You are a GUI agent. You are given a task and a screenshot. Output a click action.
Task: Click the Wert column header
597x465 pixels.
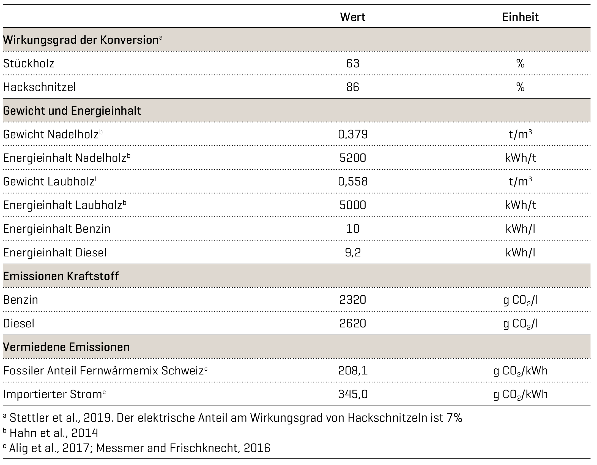click(x=352, y=17)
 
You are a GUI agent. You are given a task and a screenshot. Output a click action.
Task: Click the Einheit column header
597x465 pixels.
click(x=520, y=17)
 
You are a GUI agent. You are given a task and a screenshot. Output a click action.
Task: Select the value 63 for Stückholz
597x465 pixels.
click(x=353, y=64)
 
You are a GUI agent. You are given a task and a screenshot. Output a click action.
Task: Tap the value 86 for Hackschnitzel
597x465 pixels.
click(x=353, y=87)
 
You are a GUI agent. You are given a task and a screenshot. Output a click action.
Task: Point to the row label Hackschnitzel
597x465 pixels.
click(x=39, y=87)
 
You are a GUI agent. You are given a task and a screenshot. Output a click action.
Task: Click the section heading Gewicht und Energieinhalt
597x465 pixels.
click(x=72, y=111)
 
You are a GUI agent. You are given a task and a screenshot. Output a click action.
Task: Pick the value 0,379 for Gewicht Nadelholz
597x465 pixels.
click(x=353, y=135)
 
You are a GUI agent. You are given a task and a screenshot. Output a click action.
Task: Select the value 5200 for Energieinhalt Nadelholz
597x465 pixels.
click(x=353, y=158)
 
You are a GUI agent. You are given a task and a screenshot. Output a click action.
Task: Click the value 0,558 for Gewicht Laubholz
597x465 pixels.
click(x=353, y=182)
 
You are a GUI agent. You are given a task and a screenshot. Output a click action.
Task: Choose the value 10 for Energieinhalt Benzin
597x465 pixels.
click(x=353, y=229)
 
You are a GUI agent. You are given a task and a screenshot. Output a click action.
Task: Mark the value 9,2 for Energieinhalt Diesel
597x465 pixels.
click(x=353, y=253)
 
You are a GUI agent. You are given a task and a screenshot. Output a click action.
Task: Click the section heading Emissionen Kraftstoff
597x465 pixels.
click(x=61, y=276)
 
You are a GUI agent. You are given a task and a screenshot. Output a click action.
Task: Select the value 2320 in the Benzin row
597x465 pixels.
click(x=353, y=300)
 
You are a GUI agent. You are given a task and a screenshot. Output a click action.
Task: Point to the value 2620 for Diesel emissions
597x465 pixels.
click(x=353, y=324)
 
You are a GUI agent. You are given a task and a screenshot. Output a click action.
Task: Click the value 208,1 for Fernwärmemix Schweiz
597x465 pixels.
click(x=353, y=371)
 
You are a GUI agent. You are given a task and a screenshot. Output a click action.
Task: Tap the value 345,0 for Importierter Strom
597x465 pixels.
click(x=353, y=395)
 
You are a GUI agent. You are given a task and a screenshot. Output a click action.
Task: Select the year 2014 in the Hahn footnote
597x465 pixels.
click(x=84, y=433)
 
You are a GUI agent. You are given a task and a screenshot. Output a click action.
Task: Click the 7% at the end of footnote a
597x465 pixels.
click(x=454, y=418)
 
